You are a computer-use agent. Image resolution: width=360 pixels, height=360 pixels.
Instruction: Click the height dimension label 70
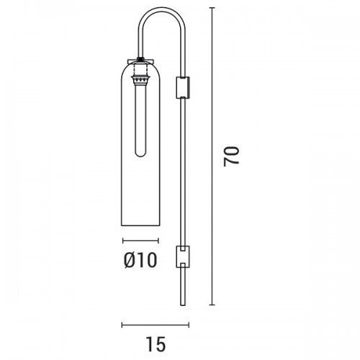coord(231,156)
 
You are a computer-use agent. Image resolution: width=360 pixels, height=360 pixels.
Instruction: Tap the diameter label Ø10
coord(140,261)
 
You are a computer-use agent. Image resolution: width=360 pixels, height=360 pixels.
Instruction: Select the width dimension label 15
coord(156,344)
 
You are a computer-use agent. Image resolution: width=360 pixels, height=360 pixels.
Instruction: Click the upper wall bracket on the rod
coord(183,88)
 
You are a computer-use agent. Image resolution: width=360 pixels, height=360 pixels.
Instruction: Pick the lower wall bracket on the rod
coord(183,256)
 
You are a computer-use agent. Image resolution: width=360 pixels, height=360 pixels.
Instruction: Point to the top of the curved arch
coord(162,8)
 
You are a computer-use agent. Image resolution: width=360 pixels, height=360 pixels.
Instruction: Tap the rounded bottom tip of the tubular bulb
coord(140,156)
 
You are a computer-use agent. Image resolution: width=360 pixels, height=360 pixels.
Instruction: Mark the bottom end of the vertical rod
coord(183,305)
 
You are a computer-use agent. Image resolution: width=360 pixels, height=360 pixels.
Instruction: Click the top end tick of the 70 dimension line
coord(212,8)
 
